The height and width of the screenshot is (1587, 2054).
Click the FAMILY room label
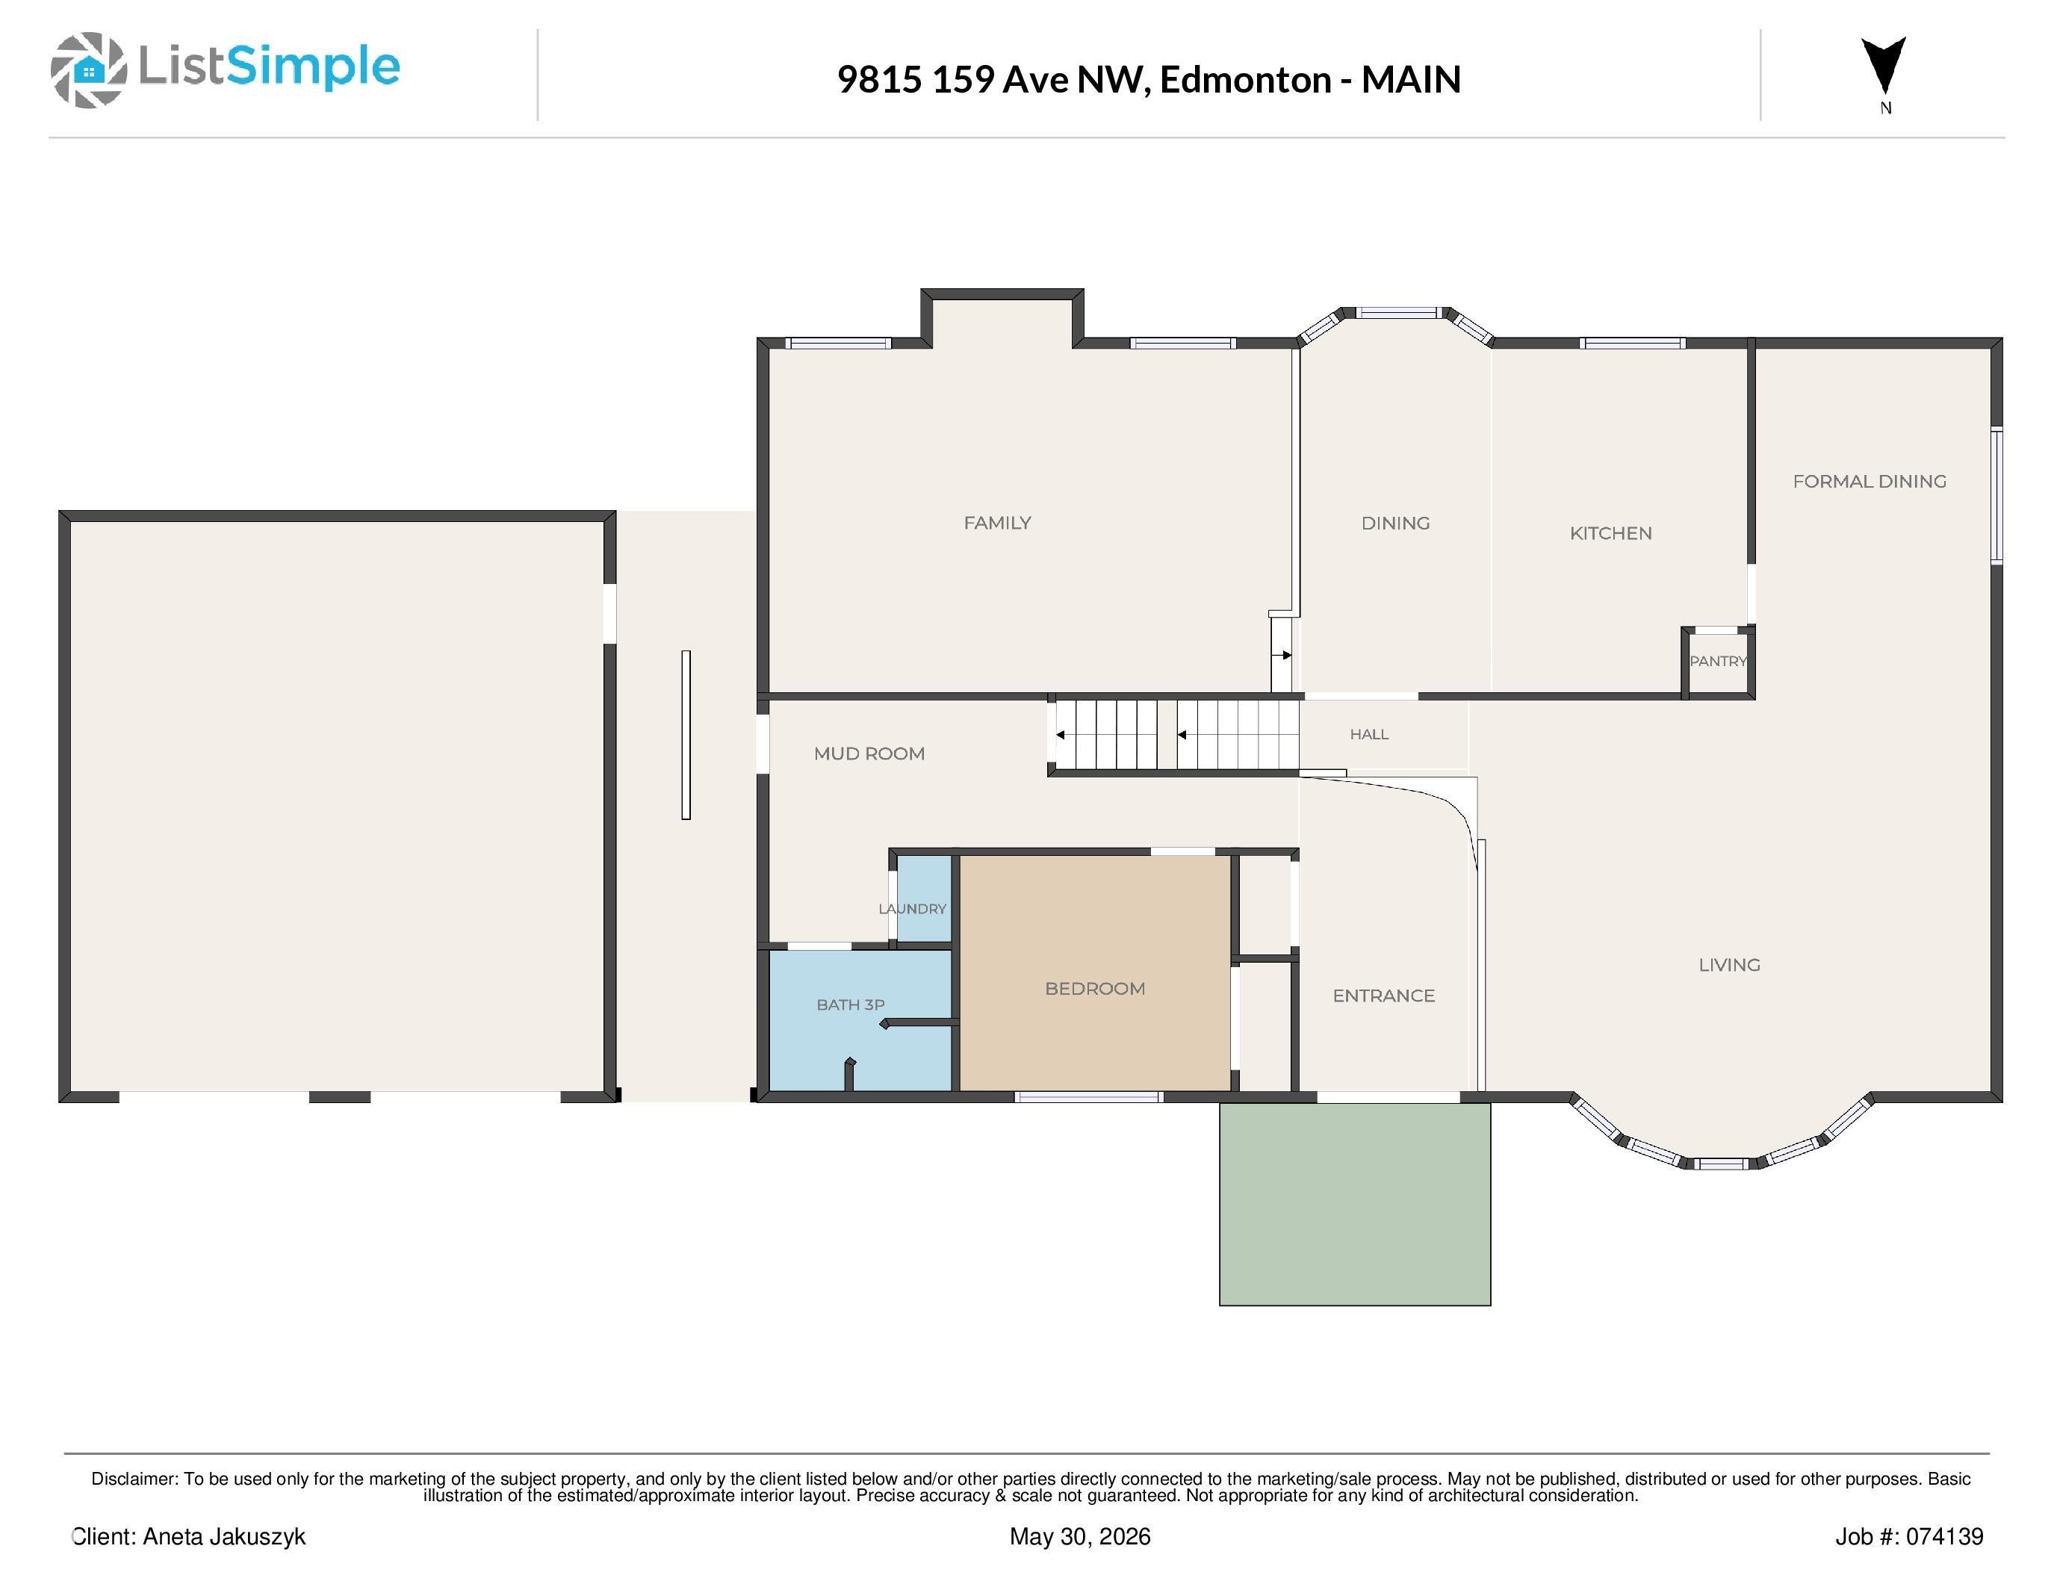coord(997,523)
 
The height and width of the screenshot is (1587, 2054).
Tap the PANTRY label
coord(1718,661)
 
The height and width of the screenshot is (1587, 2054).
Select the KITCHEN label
coord(1610,533)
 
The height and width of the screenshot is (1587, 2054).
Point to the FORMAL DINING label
coord(1869,482)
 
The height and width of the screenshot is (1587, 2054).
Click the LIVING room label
coord(1728,965)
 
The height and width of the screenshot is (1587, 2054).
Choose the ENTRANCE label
coord(1383,996)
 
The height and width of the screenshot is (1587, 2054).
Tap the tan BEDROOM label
coord(1095,988)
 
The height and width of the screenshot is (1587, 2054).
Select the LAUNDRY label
coord(912,909)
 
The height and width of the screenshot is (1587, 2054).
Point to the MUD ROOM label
coord(869,753)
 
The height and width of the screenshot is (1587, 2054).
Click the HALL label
coord(1369,734)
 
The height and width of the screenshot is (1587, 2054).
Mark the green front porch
coord(1354,1203)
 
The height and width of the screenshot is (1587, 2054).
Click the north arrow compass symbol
coord(1884,66)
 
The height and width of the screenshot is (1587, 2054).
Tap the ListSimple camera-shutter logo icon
coord(88,69)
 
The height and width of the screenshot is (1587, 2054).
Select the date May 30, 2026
coord(1080,1536)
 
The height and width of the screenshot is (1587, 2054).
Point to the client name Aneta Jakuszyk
coord(224,1536)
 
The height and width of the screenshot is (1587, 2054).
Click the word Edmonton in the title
coord(1245,79)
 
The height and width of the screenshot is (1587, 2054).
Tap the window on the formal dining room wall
coord(1996,495)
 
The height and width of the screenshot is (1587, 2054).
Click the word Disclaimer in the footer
coord(134,1479)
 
